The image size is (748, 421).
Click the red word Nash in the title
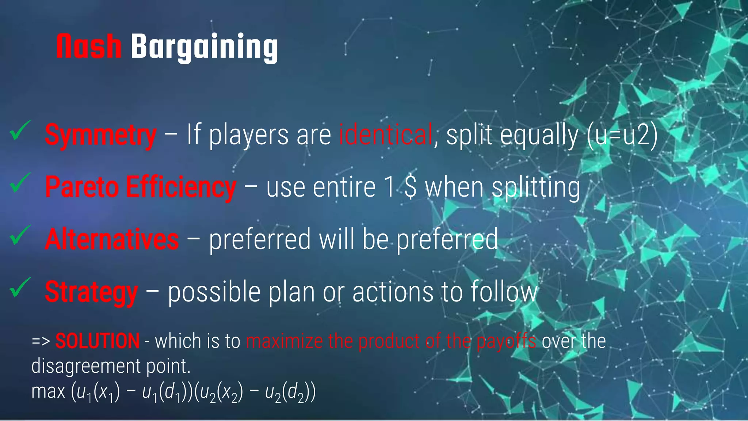tap(89, 46)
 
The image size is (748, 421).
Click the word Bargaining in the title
tap(205, 48)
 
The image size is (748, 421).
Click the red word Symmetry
tap(101, 135)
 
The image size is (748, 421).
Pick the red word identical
tap(386, 134)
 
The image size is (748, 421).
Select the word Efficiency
tap(181, 187)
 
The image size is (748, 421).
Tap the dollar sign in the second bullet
tap(411, 187)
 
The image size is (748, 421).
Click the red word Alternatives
tap(112, 239)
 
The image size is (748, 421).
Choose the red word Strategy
tap(91, 292)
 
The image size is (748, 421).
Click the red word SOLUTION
tap(98, 341)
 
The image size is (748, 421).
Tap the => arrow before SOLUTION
tap(41, 341)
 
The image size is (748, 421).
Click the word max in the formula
tap(48, 391)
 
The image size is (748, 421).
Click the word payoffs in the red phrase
tap(506, 341)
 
